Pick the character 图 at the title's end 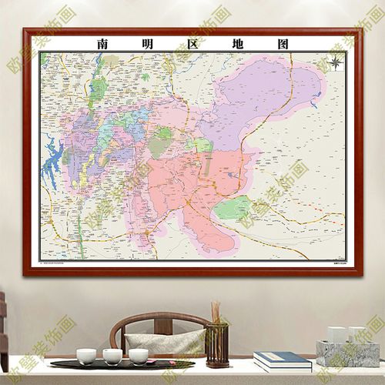[282, 44]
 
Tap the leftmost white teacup [85, 356]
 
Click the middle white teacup [112, 356]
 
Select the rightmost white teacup [139, 356]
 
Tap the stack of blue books [282, 360]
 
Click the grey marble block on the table [348, 353]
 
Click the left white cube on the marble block [336, 334]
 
